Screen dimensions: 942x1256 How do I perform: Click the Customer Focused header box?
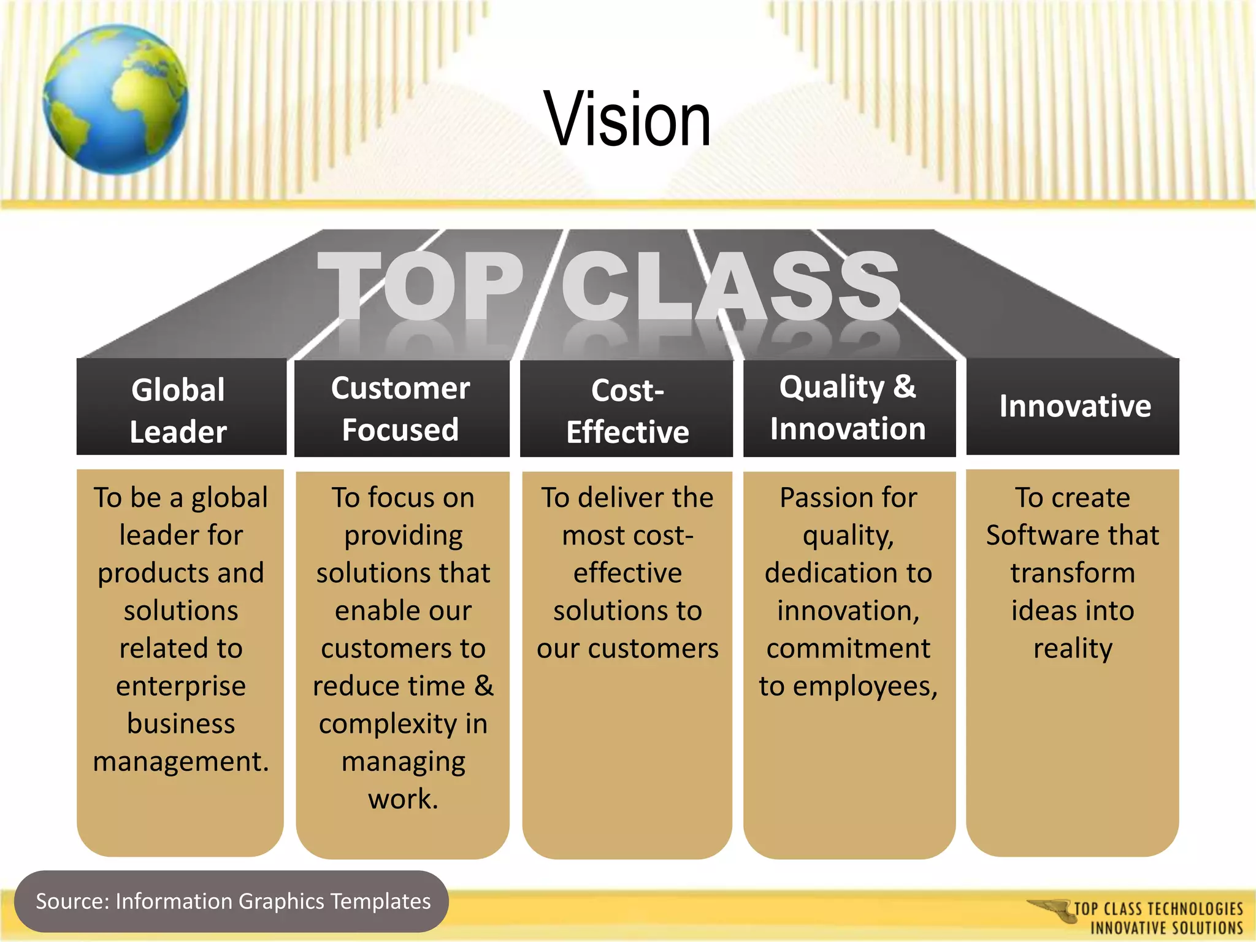(401, 408)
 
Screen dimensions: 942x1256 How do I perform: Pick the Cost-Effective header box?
(627, 410)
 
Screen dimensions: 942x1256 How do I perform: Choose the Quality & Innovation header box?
(849, 408)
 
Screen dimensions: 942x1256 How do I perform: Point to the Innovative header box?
(1073, 406)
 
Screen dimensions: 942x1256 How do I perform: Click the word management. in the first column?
(181, 761)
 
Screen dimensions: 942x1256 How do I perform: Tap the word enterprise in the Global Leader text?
(181, 686)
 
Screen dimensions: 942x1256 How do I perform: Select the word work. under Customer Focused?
(403, 798)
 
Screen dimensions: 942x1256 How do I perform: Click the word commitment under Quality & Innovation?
(848, 648)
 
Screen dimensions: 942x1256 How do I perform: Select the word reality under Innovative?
(1073, 648)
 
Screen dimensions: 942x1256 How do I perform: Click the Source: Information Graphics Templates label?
(233, 902)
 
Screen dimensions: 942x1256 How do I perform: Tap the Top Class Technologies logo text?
(1158, 917)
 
